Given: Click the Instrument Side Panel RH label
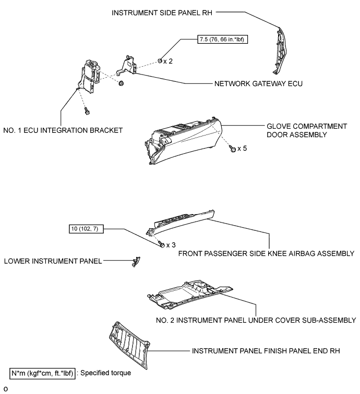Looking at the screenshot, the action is pos(162,13).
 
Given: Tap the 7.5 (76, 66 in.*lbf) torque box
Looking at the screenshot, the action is pos(222,40).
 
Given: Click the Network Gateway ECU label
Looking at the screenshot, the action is pos(258,84).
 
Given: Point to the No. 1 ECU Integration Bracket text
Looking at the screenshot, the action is pos(63,130).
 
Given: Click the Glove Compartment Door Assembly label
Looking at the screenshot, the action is pos(307,130).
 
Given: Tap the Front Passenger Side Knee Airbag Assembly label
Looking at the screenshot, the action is pos(266,253).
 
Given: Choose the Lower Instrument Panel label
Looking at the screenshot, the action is pos(53,261).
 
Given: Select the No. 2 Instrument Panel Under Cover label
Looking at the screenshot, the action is pos(256,321).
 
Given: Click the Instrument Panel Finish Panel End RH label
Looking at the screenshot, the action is pos(266,351).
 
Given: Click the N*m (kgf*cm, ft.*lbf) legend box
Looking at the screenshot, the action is pos(42,373).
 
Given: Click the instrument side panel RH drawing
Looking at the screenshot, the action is pos(280,51).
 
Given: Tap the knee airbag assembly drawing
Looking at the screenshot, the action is pos(180,222).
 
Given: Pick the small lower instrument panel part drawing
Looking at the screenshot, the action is pos(136,262).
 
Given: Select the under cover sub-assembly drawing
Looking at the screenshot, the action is pos(190,294).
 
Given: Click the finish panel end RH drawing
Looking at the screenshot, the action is pos(129,345).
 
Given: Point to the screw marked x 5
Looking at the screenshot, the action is pos(233,149).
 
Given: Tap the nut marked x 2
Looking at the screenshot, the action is pos(160,61).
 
